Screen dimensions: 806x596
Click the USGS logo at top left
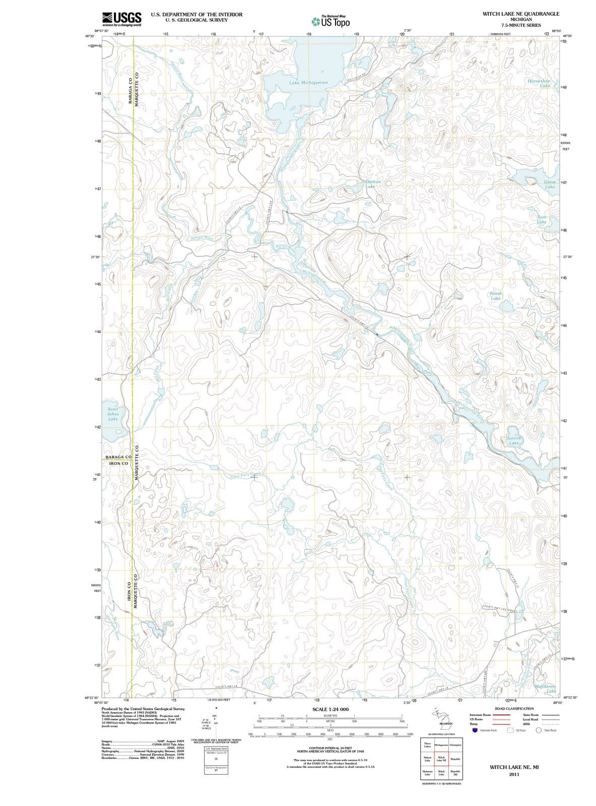click(x=121, y=19)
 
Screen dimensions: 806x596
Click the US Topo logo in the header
click(x=329, y=22)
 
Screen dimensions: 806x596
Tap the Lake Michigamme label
click(x=309, y=82)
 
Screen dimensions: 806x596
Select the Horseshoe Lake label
click(x=539, y=83)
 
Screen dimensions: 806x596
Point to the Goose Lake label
click(x=550, y=184)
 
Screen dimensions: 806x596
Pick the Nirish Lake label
click(x=496, y=295)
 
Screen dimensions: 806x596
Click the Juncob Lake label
click(x=513, y=440)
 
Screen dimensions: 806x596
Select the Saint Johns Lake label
click(x=113, y=414)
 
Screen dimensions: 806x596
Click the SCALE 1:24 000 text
click(x=330, y=709)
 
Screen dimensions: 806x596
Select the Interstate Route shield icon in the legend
click(x=475, y=730)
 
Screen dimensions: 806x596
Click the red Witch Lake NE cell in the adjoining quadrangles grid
click(x=441, y=759)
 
